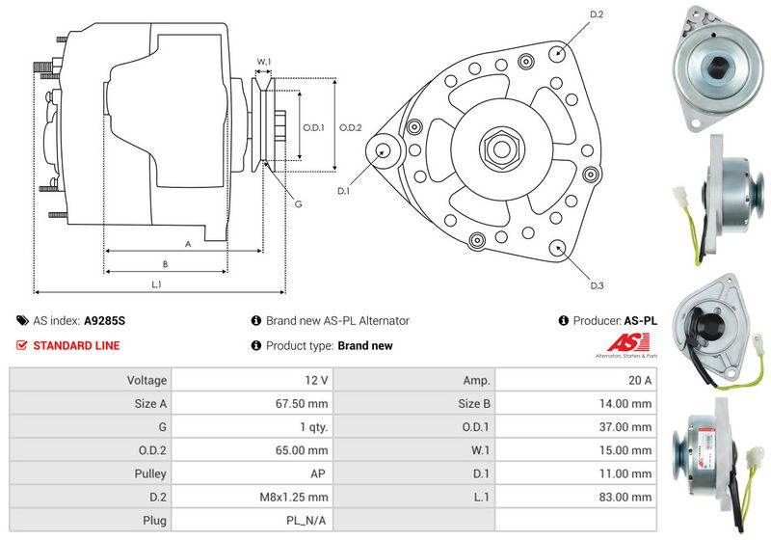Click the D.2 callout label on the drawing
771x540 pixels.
597,14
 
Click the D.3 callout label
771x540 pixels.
597,285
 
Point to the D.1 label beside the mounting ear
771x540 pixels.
343,191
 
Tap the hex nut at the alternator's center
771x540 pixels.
501,149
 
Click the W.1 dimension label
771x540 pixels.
263,63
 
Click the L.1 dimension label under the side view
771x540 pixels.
156,283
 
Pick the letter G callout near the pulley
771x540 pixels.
299,203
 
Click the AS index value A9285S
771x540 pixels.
105,321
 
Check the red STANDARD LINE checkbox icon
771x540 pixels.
22,345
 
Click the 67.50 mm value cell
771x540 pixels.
302,403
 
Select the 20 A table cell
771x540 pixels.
639,381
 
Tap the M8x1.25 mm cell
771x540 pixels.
295,497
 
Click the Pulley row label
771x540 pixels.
150,473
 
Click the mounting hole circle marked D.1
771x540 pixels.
384,150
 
